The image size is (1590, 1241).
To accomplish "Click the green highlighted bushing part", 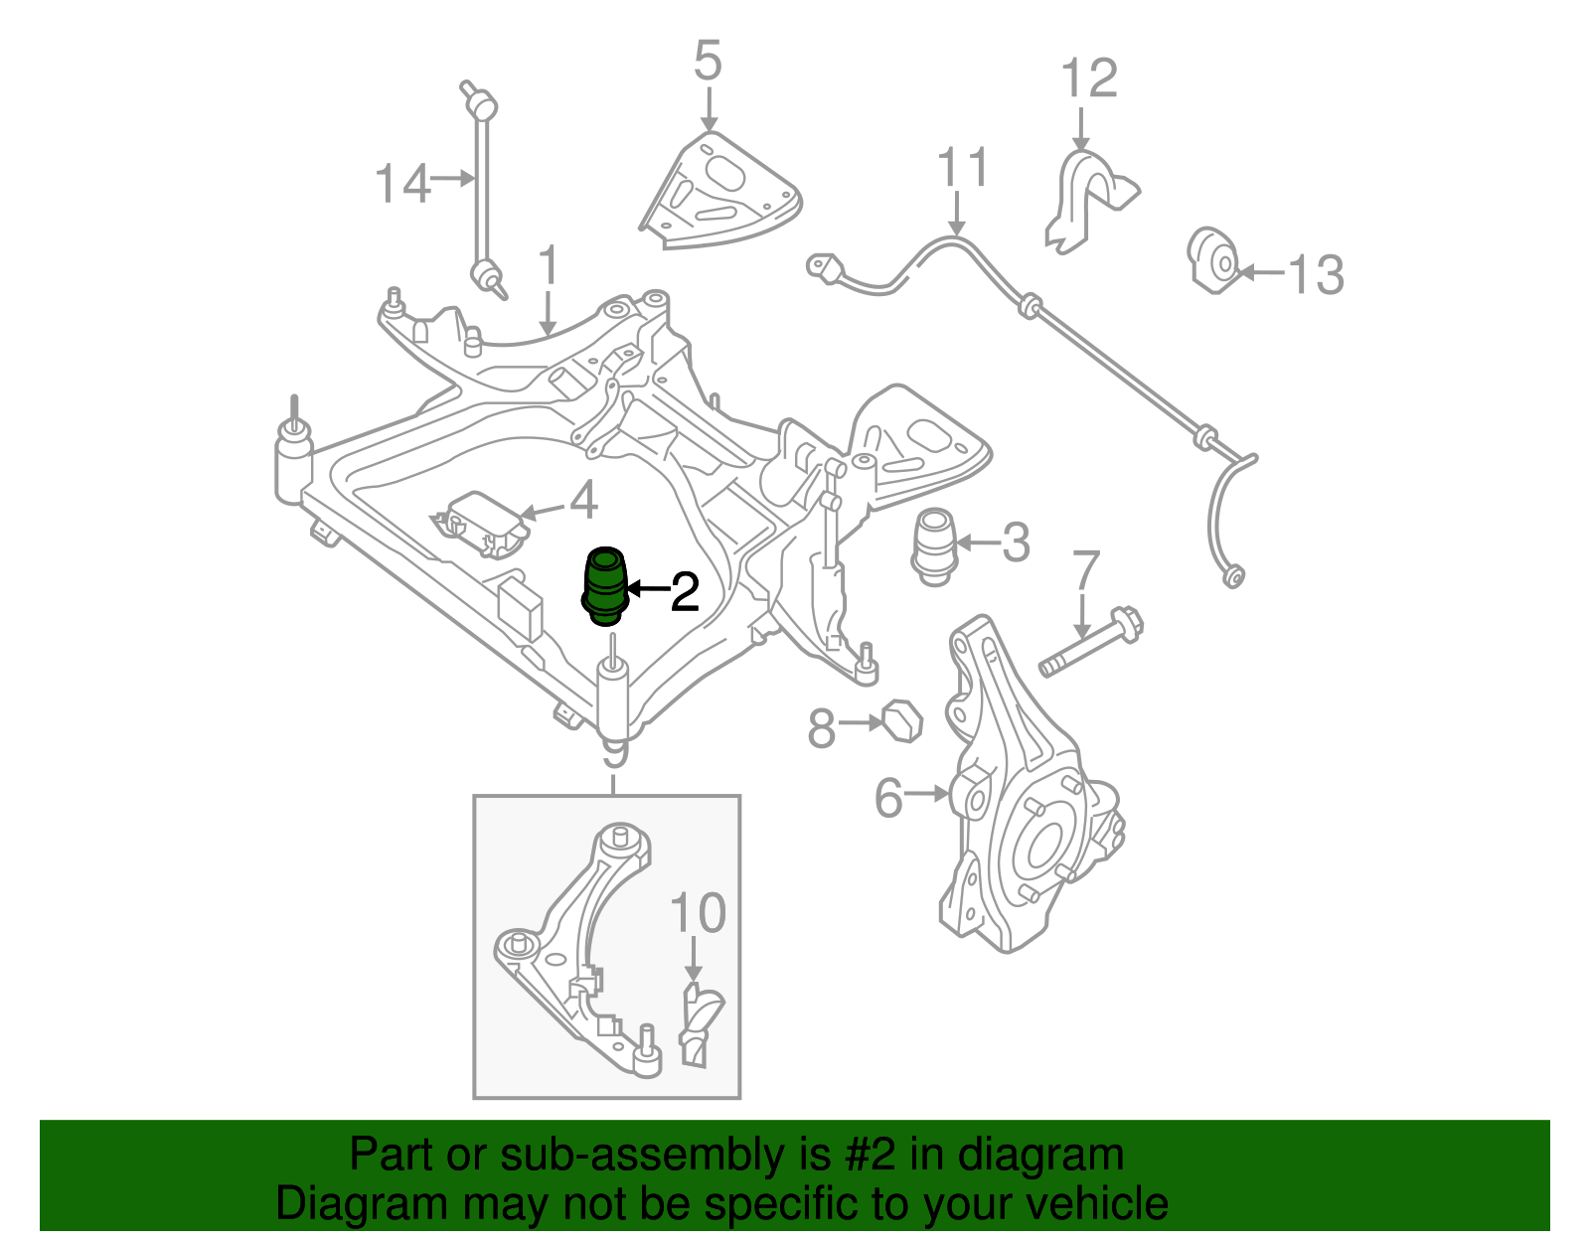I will pyautogui.click(x=604, y=588).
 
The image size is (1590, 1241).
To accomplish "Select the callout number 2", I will pyautogui.click(x=686, y=592).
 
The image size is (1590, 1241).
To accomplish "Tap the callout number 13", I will pyautogui.click(x=1316, y=274).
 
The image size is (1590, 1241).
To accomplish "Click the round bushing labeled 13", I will pyautogui.click(x=1214, y=260).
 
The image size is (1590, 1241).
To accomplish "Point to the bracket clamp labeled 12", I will pyautogui.click(x=1087, y=199).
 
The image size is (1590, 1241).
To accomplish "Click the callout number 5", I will pyautogui.click(x=707, y=62).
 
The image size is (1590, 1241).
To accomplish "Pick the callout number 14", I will pyautogui.click(x=402, y=184).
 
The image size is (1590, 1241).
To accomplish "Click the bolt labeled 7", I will pyautogui.click(x=1091, y=644).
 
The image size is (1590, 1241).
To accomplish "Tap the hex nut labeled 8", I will pyautogui.click(x=902, y=720).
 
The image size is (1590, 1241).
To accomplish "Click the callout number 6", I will pyautogui.click(x=888, y=798).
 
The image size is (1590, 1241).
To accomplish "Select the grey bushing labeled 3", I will pyautogui.click(x=934, y=546).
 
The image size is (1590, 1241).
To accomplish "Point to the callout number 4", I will pyautogui.click(x=584, y=500).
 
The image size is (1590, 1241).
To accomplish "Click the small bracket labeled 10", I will pyautogui.click(x=701, y=1023).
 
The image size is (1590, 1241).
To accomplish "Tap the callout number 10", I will pyautogui.click(x=698, y=914).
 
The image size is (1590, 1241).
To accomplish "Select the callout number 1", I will pyautogui.click(x=549, y=266).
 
